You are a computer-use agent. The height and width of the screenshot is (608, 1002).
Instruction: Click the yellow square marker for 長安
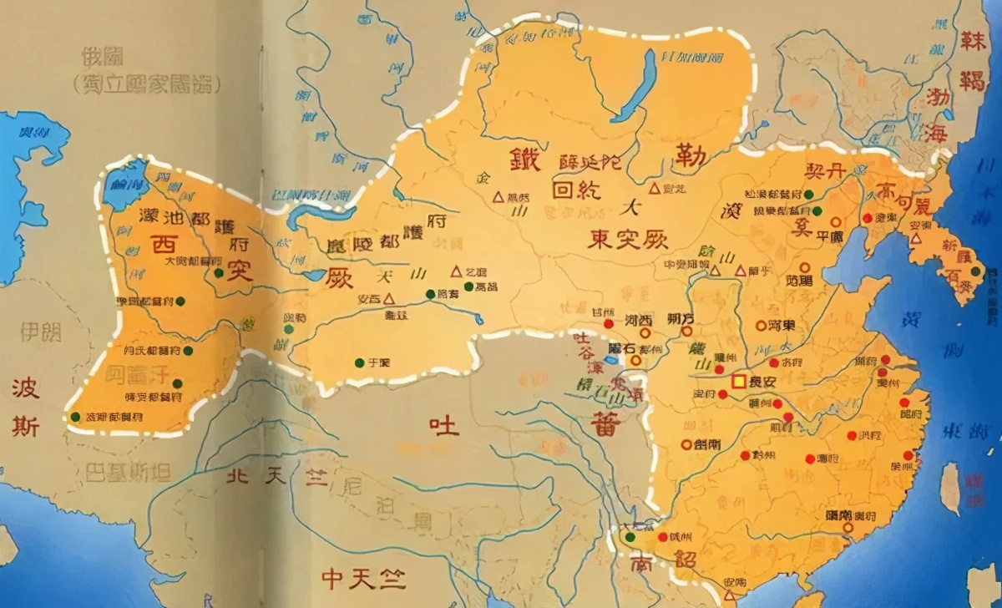(x=738, y=382)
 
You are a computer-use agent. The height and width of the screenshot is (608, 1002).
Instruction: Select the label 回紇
(x=573, y=189)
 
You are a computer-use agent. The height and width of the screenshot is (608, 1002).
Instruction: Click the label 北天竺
(x=259, y=477)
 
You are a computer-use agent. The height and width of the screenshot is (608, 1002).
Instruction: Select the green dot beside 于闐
(x=358, y=362)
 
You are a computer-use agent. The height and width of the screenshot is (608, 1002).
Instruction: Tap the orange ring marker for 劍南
(x=686, y=444)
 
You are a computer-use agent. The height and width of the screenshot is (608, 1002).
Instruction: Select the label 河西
(x=638, y=321)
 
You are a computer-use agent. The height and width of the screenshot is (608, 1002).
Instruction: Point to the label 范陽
(x=798, y=280)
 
